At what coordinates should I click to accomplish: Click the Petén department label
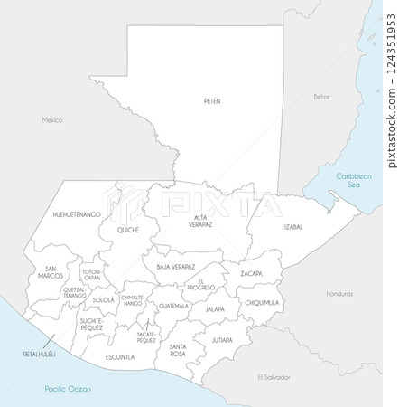[x=212, y=101]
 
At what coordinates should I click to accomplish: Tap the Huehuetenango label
[x=77, y=215]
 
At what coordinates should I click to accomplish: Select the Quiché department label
[x=128, y=230]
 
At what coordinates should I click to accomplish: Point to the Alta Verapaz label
[x=201, y=222]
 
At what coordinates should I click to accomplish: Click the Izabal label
[x=293, y=226]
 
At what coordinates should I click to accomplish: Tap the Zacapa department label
[x=251, y=273]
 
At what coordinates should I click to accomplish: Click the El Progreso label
[x=200, y=285]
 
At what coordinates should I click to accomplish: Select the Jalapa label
[x=215, y=309]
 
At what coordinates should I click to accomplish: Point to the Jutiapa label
[x=221, y=340]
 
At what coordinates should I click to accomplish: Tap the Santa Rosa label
[x=178, y=350]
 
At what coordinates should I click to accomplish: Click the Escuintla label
[x=120, y=357]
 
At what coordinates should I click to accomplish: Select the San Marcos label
[x=51, y=272]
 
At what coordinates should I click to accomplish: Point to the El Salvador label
[x=271, y=375]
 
